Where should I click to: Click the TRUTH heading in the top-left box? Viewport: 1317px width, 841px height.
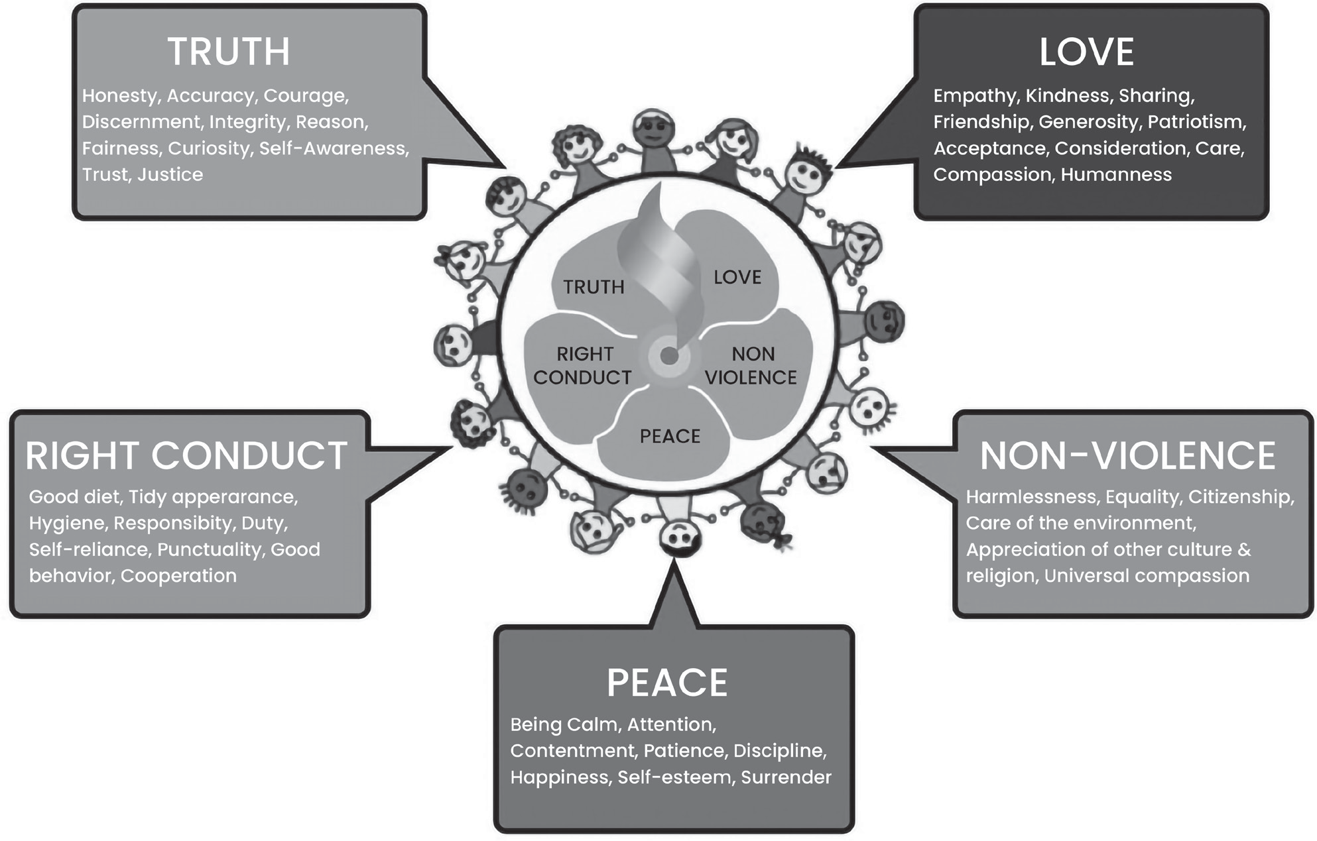pyautogui.click(x=229, y=52)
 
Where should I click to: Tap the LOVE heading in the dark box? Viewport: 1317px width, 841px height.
pyautogui.click(x=1086, y=52)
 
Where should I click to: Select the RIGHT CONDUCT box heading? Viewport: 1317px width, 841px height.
pyautogui.click(x=186, y=455)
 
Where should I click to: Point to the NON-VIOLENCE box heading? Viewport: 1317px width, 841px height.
pyautogui.click(x=1127, y=455)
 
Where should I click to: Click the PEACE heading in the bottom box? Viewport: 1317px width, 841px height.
pyautogui.click(x=667, y=683)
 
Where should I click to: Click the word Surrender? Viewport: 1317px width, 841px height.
pyautogui.click(x=786, y=777)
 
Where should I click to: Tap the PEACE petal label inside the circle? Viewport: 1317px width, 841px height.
pyautogui.click(x=670, y=436)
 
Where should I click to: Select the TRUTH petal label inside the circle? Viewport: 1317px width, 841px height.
pyautogui.click(x=594, y=287)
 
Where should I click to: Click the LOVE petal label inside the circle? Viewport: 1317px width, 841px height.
pyautogui.click(x=737, y=277)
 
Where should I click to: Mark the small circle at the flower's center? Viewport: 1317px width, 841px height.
pyautogui.click(x=670, y=357)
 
